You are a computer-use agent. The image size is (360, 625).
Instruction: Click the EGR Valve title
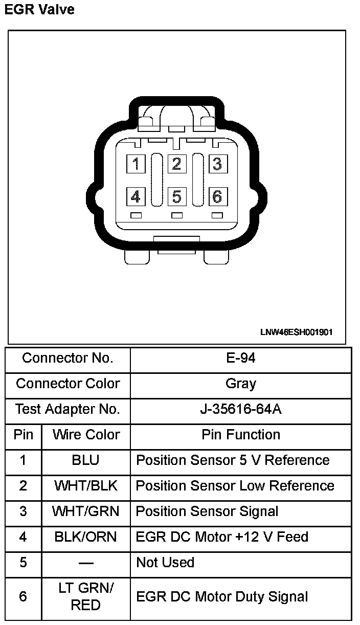click(39, 9)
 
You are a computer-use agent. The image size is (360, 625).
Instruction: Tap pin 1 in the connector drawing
click(136, 164)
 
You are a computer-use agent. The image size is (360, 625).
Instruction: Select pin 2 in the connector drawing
click(176, 164)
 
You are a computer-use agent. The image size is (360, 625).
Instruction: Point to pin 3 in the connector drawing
click(217, 164)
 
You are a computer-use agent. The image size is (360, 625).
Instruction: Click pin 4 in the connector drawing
click(136, 196)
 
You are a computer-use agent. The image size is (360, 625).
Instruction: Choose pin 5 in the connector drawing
click(176, 196)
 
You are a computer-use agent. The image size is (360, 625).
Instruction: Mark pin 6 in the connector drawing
click(217, 196)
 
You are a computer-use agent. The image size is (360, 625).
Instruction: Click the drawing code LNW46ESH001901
click(297, 332)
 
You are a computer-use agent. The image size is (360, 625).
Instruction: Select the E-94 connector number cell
click(241, 358)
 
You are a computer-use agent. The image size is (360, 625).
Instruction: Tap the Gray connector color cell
click(241, 384)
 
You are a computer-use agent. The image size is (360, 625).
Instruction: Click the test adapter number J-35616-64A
click(241, 409)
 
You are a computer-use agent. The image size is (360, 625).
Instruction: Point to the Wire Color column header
click(86, 435)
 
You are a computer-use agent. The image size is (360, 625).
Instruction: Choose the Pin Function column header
click(241, 435)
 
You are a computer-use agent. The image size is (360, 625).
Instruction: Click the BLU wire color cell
click(86, 460)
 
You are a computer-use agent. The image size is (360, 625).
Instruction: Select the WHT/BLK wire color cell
click(86, 486)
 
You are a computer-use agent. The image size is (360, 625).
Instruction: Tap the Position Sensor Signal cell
click(207, 511)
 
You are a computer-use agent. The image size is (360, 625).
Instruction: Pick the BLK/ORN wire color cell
click(86, 537)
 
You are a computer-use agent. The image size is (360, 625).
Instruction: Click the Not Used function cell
click(165, 563)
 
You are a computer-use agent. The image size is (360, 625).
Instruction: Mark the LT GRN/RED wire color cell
click(86, 597)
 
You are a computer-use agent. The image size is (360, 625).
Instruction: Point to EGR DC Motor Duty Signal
click(222, 597)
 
